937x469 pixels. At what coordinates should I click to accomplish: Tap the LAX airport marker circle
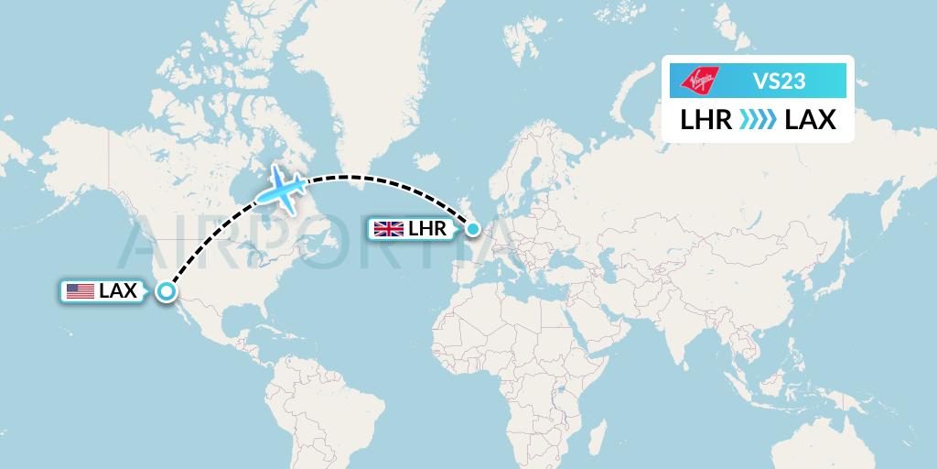(166, 291)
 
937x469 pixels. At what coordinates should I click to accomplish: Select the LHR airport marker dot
(472, 228)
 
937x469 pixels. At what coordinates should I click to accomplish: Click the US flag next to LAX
(81, 291)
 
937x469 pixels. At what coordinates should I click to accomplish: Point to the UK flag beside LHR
(389, 228)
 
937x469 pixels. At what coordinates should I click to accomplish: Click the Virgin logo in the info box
(700, 81)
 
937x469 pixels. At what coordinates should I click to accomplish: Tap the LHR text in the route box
(706, 120)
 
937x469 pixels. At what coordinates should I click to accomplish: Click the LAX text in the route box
(811, 120)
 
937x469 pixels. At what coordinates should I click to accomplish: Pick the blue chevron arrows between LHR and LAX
(759, 120)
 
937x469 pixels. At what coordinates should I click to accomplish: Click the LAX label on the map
(117, 291)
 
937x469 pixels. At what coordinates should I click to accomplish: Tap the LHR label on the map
(427, 228)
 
